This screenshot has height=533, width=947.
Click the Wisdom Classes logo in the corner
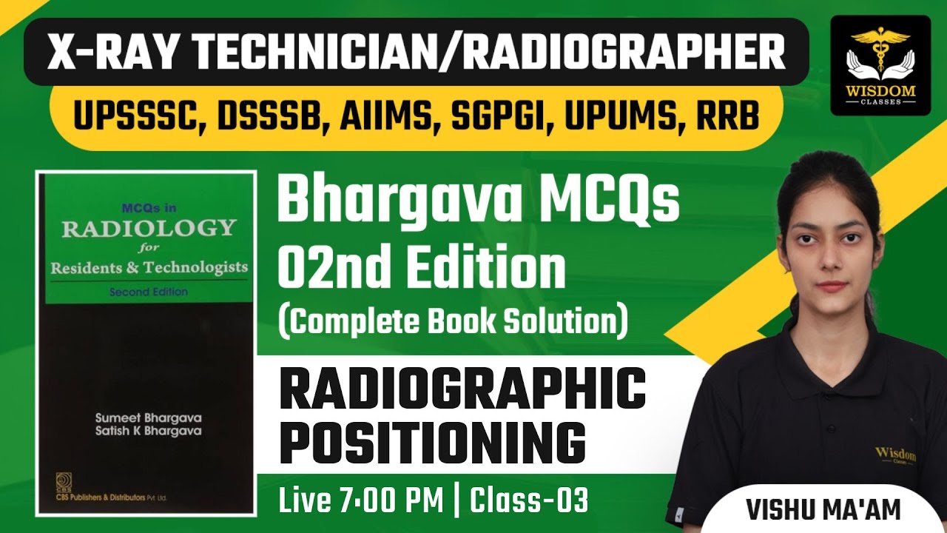point(880,65)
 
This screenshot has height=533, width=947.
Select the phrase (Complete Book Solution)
point(453,322)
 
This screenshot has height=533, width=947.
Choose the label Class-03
point(530,501)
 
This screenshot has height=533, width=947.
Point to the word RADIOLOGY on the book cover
point(148,228)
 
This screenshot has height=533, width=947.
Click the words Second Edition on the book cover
point(148,292)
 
